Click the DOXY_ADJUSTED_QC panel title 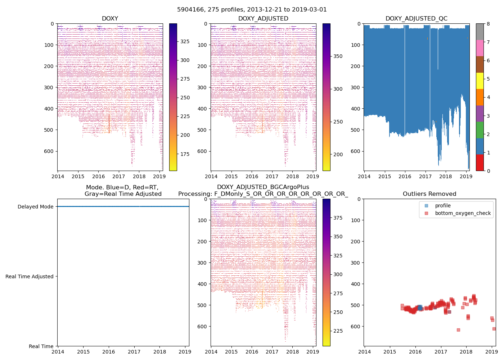(x=416, y=19)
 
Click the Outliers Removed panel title (x=429, y=194)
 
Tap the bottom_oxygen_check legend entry (x=463, y=213)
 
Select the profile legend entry (x=443, y=206)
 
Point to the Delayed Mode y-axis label (x=35, y=207)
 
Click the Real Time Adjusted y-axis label (x=30, y=276)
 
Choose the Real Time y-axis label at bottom (x=41, y=346)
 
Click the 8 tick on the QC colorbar (x=488, y=24)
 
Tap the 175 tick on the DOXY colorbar (x=185, y=154)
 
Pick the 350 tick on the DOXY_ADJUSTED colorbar (x=338, y=56)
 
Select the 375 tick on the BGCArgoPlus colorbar (x=338, y=218)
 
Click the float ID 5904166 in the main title (x=189, y=10)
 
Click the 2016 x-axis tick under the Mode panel (x=109, y=352)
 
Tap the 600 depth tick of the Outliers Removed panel (x=356, y=327)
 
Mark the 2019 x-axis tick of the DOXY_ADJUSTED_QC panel (x=466, y=177)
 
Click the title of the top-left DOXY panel (x=110, y=19)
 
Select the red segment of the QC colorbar (x=480, y=163)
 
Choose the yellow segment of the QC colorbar (x=480, y=81)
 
